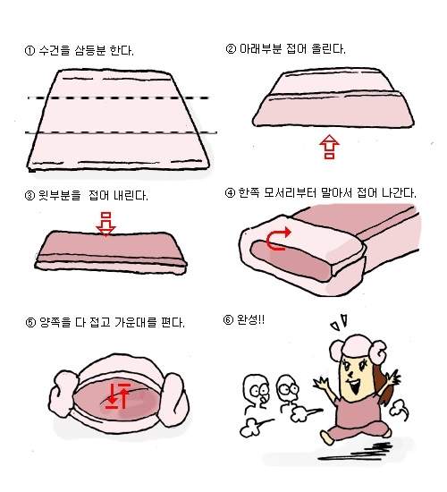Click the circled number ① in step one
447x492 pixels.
pyautogui.click(x=30, y=51)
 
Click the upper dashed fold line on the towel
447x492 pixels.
pyautogui.click(x=119, y=98)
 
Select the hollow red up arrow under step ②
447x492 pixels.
pyautogui.click(x=329, y=147)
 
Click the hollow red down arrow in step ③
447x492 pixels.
pyautogui.click(x=105, y=224)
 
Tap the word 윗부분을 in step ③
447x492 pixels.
pyautogui.click(x=59, y=196)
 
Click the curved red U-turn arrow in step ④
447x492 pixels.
pyautogui.click(x=278, y=240)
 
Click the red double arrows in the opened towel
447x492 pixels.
pyautogui.click(x=118, y=396)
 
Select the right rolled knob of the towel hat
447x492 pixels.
pyautogui.click(x=174, y=400)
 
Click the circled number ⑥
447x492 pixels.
pyautogui.click(x=228, y=320)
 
